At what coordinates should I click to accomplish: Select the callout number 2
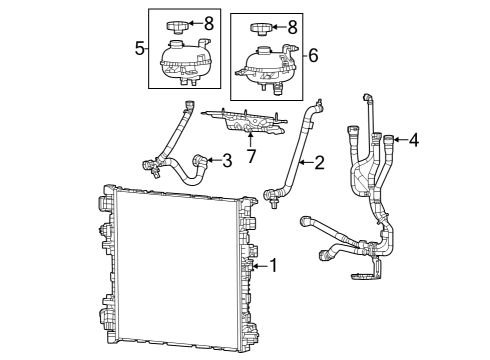click(320, 162)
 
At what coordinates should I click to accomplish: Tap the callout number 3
click(227, 159)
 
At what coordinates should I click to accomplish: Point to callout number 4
click(413, 141)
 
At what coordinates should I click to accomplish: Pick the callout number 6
click(313, 56)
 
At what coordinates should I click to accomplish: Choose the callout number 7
click(251, 156)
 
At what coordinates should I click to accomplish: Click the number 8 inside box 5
click(208, 21)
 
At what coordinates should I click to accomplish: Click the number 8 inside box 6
click(291, 26)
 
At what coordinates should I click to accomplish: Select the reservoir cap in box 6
click(262, 27)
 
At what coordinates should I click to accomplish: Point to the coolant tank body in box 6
click(266, 64)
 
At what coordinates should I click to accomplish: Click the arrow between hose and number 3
click(212, 159)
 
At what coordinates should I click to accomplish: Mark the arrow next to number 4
click(399, 141)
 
